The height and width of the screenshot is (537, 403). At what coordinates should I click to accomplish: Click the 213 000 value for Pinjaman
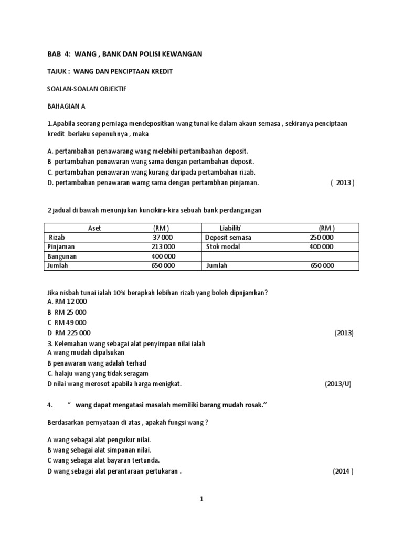[x=164, y=246]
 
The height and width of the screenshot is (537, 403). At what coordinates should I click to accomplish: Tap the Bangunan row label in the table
[x=61, y=256]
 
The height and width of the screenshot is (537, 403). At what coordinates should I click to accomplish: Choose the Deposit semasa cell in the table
[x=228, y=237]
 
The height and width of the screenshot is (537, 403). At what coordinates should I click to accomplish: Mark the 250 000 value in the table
[x=321, y=237]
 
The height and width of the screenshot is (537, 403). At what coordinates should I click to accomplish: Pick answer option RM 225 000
[x=72, y=332]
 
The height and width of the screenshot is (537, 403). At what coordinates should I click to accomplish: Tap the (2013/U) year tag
[x=338, y=383]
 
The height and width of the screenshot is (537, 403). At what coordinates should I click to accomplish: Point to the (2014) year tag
[x=343, y=470]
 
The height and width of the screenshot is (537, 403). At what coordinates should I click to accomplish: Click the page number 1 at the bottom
[x=201, y=500]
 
